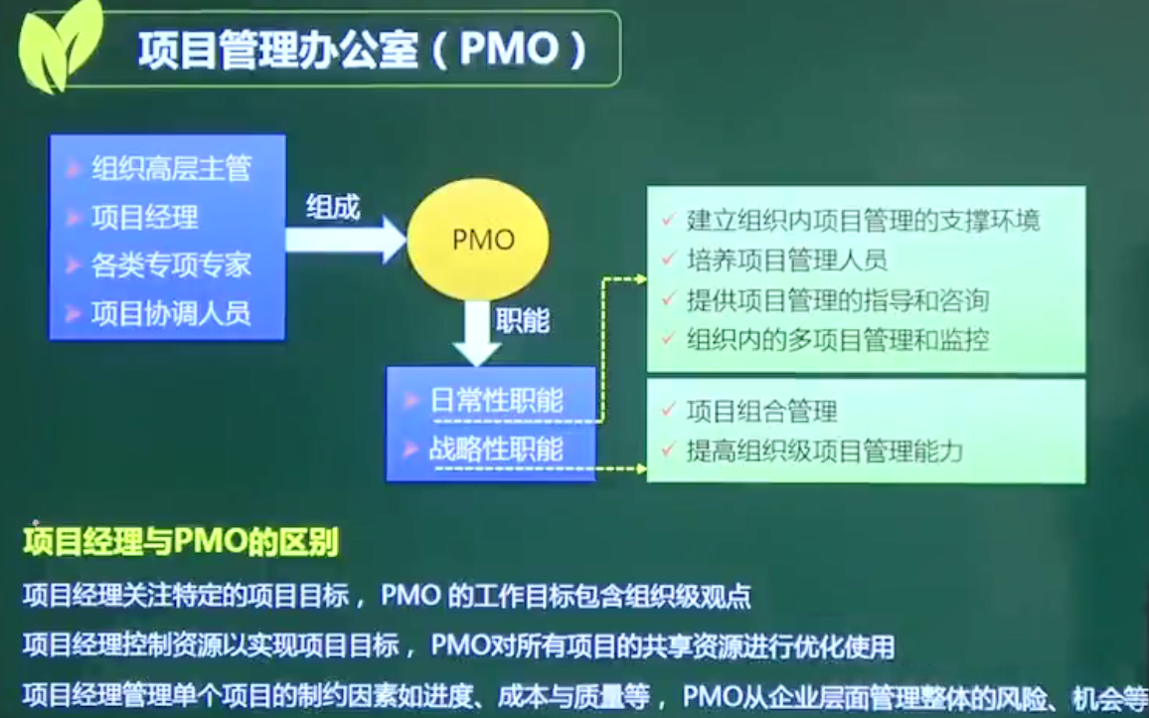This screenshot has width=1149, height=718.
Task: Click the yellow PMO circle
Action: coord(478,239)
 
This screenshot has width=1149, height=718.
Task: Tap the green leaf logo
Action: coord(61,46)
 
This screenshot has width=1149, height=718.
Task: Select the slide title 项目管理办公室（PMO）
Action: coord(363,50)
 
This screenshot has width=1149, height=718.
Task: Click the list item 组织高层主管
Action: coord(172,169)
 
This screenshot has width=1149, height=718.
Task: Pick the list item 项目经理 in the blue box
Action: coord(145,217)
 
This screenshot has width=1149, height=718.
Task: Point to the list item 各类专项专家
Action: coord(172,265)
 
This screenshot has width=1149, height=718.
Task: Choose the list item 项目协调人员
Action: coord(172,313)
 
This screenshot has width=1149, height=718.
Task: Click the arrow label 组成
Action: coord(333,208)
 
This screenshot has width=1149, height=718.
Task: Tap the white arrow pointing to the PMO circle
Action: coord(346,239)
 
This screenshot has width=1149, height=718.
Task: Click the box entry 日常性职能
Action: coord(497,401)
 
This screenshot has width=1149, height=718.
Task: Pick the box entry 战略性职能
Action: coord(497,449)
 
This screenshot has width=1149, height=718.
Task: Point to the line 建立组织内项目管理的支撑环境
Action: coord(863,221)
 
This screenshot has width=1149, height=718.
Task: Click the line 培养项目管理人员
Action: coord(787,261)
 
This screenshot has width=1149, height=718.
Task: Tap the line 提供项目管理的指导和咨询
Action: coord(838,300)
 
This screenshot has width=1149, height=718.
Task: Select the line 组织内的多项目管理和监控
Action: coord(838,339)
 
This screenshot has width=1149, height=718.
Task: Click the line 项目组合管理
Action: coord(762,412)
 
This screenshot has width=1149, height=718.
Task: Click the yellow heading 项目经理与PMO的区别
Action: coord(181,544)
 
